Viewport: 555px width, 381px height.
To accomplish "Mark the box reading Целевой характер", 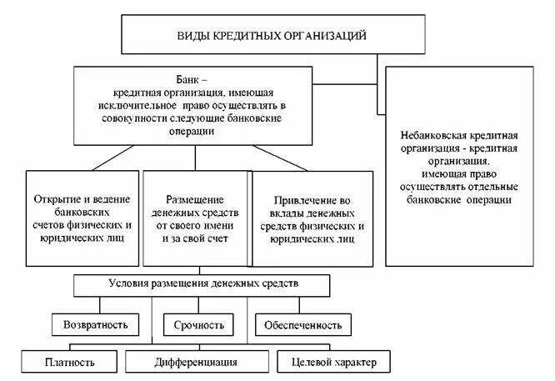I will (335, 362).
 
